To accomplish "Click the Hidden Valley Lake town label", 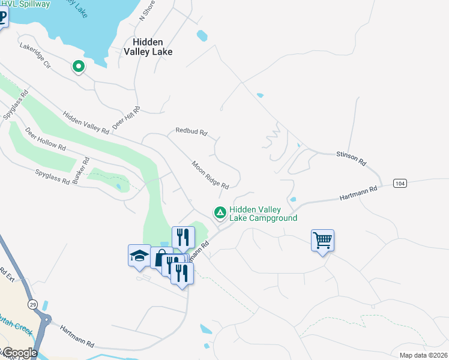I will [148, 47].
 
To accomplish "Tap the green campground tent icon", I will [220, 212].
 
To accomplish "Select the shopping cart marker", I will [322, 241].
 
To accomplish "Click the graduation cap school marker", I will [139, 255].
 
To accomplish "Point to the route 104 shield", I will [400, 183].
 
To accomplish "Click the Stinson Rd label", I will [351, 158].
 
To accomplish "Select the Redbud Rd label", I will [191, 131].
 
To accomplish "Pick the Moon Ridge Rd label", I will [210, 175].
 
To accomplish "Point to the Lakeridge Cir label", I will [35, 55].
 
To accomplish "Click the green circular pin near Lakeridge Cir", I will [78, 66].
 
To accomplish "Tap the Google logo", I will [19, 353].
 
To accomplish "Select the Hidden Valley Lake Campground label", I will [263, 214].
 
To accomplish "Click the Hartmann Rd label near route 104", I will [358, 192].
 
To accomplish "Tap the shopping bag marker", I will [161, 259].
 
